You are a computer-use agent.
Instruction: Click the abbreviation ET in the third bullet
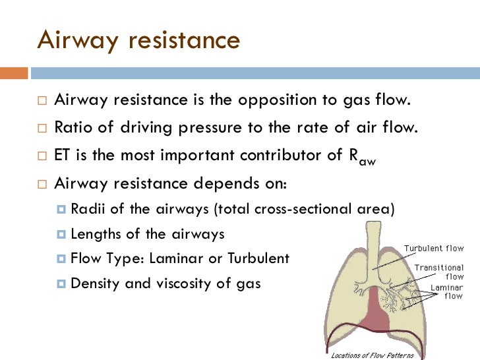(63, 156)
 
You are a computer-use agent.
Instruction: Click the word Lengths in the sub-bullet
(94, 233)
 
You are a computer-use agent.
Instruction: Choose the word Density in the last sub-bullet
(92, 284)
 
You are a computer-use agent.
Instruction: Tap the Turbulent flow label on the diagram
(433, 249)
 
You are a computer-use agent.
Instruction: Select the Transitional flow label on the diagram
(439, 272)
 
